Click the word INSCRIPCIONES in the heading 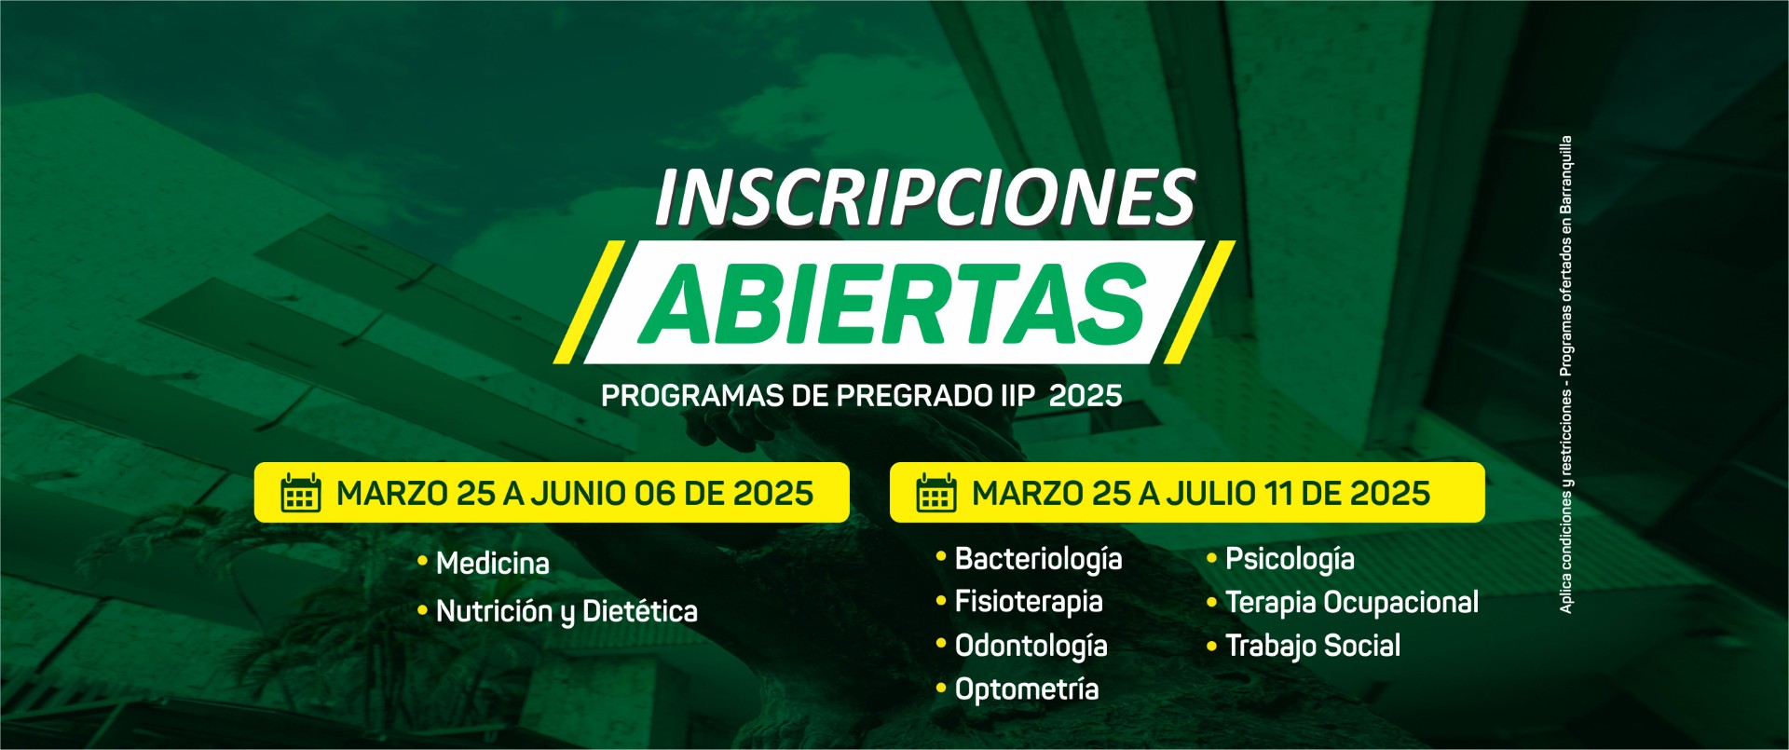[924, 198]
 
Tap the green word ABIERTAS [893, 303]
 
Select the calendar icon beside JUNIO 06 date [301, 493]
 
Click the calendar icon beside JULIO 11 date [936, 493]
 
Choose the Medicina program [493, 563]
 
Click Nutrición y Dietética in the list [567, 611]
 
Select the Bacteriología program [1039, 559]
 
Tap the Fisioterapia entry [1029, 602]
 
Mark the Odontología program [1031, 646]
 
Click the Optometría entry [1027, 689]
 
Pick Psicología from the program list [1290, 559]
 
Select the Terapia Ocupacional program [1352, 602]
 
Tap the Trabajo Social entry [1313, 646]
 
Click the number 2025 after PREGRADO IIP [1086, 396]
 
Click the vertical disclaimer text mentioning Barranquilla [1565, 375]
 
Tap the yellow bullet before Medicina [422, 561]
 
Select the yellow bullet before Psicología [1211, 558]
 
